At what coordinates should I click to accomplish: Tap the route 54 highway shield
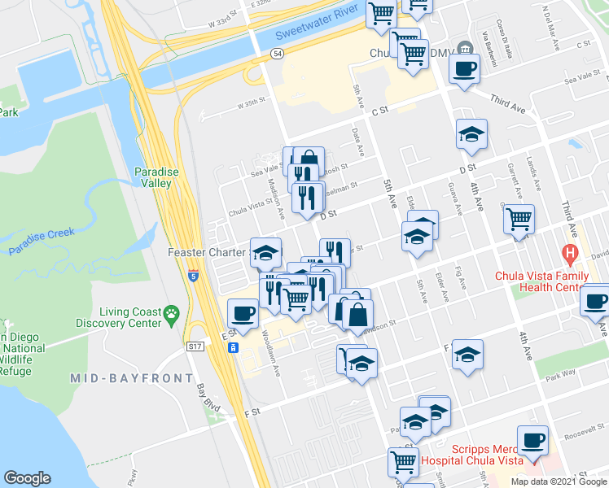tap(277, 52)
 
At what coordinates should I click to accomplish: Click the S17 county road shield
tap(194, 346)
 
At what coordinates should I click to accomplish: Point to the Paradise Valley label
tap(153, 177)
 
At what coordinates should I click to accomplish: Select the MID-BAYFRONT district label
tap(131, 378)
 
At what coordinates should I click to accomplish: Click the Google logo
tap(27, 478)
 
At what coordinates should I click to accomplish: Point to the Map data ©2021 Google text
tap(558, 481)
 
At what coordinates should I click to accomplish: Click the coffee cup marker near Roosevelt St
tap(532, 440)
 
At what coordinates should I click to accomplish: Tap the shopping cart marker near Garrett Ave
tap(519, 217)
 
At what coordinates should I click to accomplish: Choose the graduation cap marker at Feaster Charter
tap(265, 252)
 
